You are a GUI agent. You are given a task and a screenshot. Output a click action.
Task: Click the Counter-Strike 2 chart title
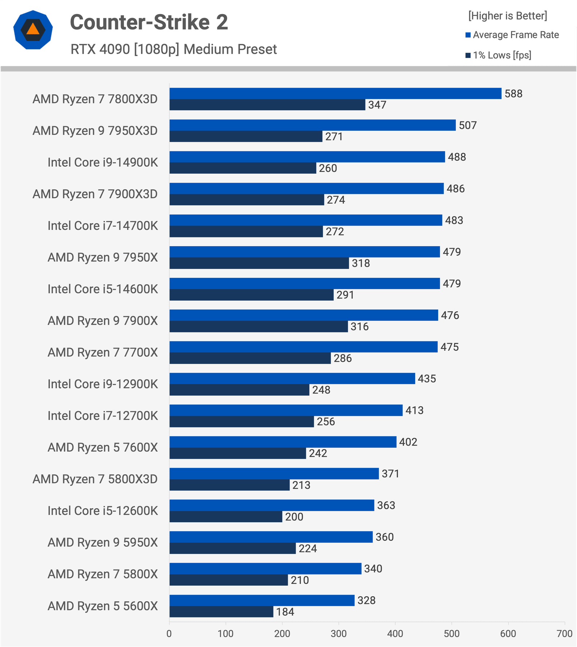pyautogui.click(x=149, y=22)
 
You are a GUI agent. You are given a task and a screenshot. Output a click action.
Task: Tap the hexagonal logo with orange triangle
pyautogui.click(x=33, y=30)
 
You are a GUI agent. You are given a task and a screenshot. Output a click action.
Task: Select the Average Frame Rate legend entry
pyautogui.click(x=512, y=35)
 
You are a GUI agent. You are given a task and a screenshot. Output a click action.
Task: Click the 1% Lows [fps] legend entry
pyautogui.click(x=498, y=55)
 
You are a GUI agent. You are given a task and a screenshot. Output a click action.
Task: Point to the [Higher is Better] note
pyautogui.click(x=507, y=16)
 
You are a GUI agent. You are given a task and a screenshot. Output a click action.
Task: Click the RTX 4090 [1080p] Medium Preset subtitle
pyautogui.click(x=173, y=49)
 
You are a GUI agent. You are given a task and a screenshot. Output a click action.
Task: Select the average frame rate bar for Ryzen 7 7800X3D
pyautogui.click(x=335, y=93)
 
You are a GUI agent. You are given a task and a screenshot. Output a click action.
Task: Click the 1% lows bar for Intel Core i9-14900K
pyautogui.click(x=243, y=168)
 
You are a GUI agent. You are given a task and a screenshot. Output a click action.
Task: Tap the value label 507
pyautogui.click(x=468, y=125)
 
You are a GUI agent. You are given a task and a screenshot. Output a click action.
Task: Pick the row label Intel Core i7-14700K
pyautogui.click(x=103, y=226)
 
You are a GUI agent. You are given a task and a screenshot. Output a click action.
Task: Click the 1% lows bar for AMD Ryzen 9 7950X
pyautogui.click(x=259, y=263)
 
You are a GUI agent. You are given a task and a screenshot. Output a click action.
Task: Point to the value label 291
pyautogui.click(x=345, y=295)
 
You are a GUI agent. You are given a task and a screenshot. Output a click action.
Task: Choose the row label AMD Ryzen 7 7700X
pyautogui.click(x=103, y=353)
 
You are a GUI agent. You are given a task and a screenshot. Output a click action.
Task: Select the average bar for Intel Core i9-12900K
pyautogui.click(x=292, y=378)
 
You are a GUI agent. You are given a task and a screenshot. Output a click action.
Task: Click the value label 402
pyautogui.click(x=408, y=442)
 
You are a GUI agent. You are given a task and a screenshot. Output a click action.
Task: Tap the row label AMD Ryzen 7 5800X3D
pyautogui.click(x=95, y=479)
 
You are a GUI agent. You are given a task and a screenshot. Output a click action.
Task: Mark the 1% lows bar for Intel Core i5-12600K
pyautogui.click(x=226, y=517)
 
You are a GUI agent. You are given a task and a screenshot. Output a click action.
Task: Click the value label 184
pyautogui.click(x=285, y=612)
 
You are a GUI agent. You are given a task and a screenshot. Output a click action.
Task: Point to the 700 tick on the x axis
pyautogui.click(x=564, y=634)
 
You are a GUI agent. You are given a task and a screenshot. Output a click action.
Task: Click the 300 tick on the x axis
pyautogui.click(x=339, y=634)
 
